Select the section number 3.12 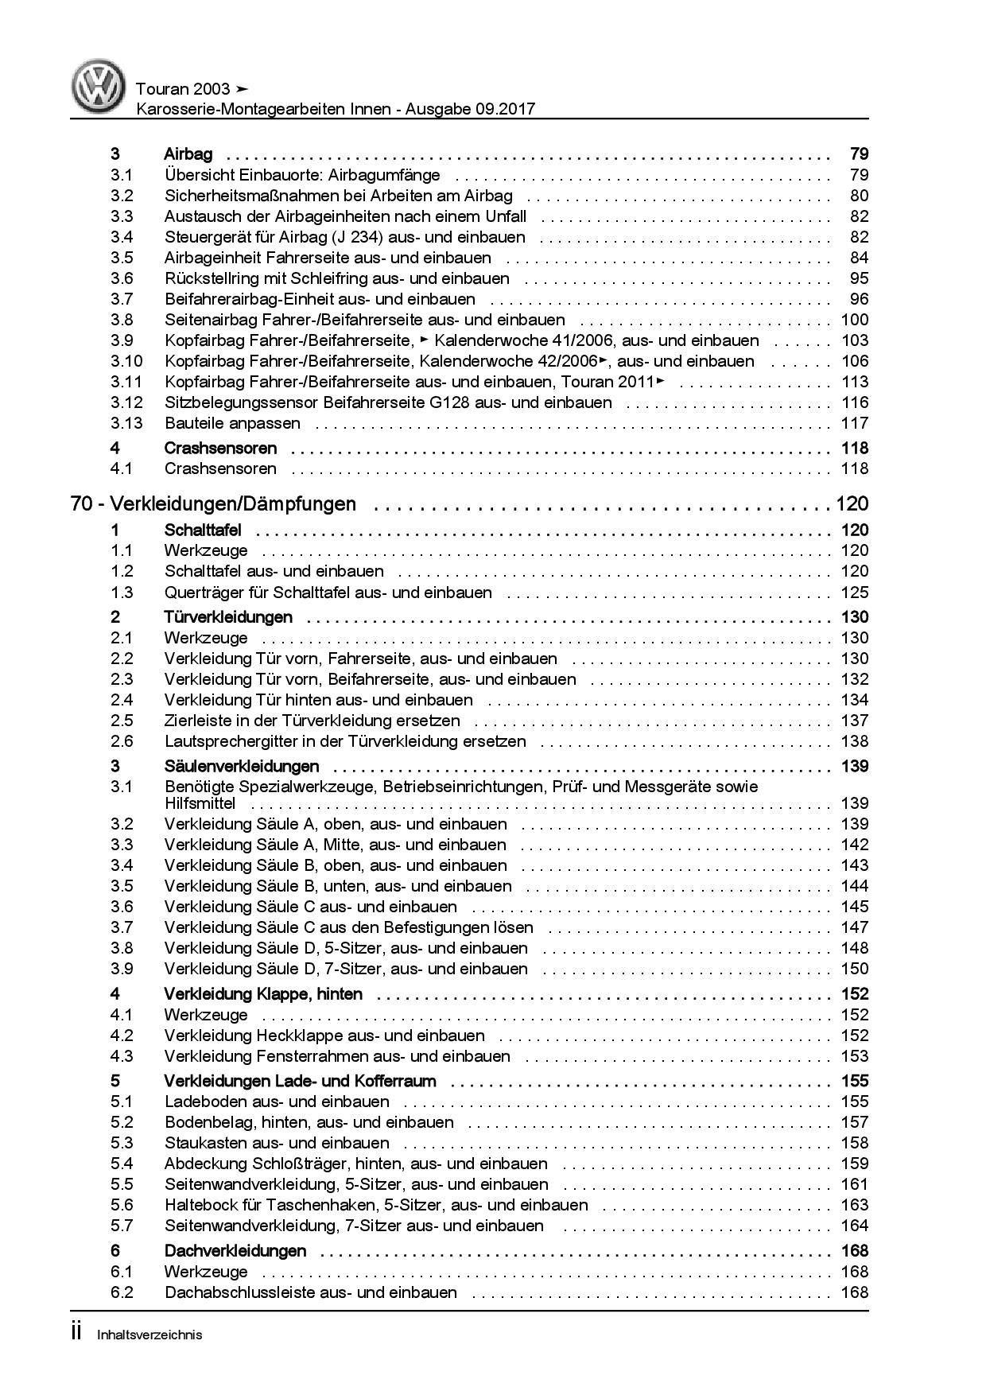[x=126, y=402]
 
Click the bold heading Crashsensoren [x=220, y=448]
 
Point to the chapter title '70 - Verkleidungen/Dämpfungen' [x=213, y=504]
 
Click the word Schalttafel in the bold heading [x=203, y=530]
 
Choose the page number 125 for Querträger [x=854, y=593]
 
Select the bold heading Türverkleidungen [x=228, y=617]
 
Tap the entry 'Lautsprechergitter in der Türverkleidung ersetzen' [x=345, y=741]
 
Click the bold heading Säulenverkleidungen [x=242, y=767]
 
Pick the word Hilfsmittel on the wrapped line [x=200, y=803]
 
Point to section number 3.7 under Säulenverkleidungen [x=122, y=927]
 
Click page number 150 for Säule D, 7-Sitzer [x=854, y=969]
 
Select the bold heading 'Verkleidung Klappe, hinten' [x=263, y=994]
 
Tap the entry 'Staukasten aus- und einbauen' [x=277, y=1143]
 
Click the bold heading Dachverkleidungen [x=235, y=1251]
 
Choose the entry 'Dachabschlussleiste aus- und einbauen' [x=311, y=1292]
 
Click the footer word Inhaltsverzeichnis [x=149, y=1335]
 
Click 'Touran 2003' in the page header [x=183, y=89]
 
